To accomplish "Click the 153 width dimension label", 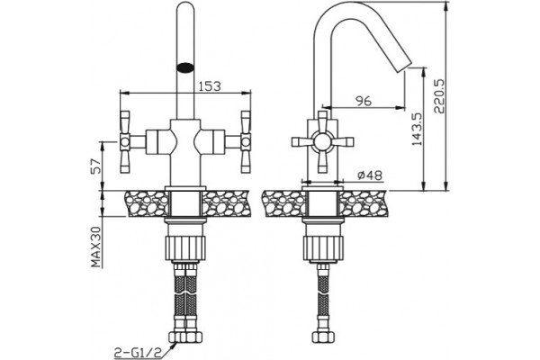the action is coord(210,85).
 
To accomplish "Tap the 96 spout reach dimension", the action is coord(364,101).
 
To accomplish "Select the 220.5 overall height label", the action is coord(439,96).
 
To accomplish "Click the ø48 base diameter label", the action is coord(370,175).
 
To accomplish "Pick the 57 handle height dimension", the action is coord(97,166).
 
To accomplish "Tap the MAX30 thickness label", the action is coord(97,247).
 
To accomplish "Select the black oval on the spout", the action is coord(185,67).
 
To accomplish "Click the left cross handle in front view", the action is coord(125,141).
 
